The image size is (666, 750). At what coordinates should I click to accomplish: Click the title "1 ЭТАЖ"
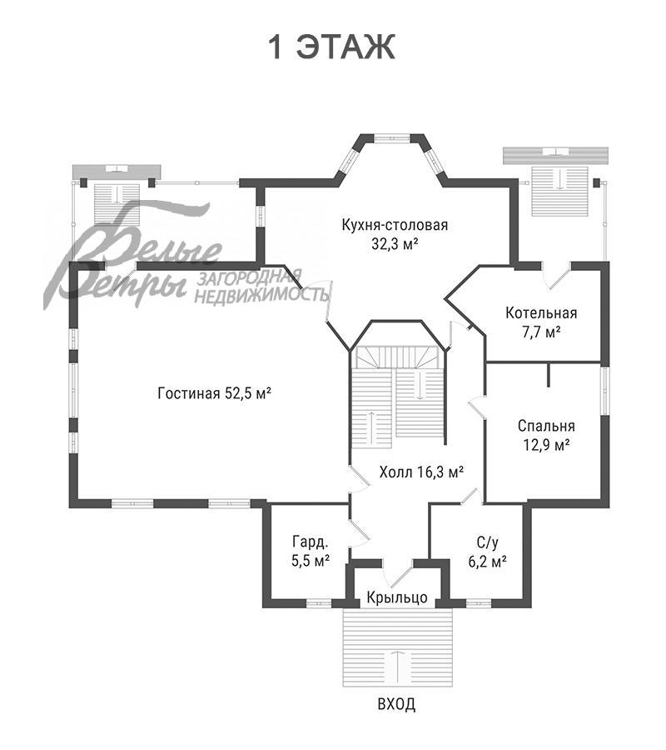(332, 47)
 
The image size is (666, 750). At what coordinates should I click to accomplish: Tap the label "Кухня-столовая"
(395, 224)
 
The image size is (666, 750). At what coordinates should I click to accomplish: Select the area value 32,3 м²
(395, 244)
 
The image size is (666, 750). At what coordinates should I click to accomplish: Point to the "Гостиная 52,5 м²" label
(215, 393)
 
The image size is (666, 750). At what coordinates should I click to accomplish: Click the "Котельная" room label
(541, 312)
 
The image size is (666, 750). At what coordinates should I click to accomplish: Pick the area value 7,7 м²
(541, 332)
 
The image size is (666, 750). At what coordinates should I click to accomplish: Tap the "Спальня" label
(546, 426)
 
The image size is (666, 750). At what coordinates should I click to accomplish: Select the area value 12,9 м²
(546, 445)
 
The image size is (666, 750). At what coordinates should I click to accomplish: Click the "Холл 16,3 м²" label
(421, 472)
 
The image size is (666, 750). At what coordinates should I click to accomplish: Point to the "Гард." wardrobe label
(310, 542)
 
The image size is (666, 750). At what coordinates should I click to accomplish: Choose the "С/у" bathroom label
(487, 542)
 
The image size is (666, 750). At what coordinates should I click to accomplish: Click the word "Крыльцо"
(397, 597)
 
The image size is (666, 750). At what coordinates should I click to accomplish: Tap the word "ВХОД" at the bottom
(396, 704)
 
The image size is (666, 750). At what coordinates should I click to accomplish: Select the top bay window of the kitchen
(391, 138)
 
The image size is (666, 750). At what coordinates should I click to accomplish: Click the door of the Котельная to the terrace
(557, 276)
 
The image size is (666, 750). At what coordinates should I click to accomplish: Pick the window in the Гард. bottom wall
(318, 603)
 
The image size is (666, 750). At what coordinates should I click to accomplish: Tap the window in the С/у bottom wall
(478, 603)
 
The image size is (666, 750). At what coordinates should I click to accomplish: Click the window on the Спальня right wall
(605, 390)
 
